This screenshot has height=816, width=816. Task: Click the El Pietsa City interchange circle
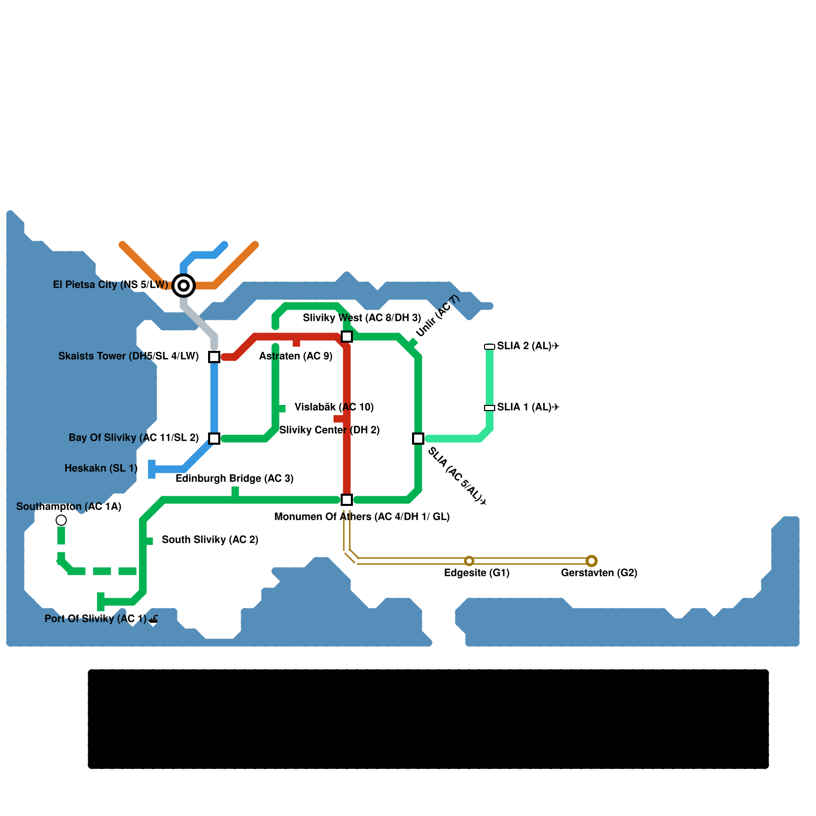tap(184, 285)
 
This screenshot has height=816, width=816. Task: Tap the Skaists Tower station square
tap(214, 356)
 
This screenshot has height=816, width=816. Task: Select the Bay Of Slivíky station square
tap(214, 438)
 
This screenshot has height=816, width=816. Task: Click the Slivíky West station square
tap(347, 336)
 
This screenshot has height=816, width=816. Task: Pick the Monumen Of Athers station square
tap(347, 499)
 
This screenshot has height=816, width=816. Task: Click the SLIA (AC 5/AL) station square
tap(418, 438)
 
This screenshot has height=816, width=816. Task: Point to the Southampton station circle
tap(61, 520)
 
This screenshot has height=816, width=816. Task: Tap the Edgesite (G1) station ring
tap(469, 561)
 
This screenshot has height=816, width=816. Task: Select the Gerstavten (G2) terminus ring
tap(592, 561)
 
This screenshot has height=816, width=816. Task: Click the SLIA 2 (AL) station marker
tap(490, 347)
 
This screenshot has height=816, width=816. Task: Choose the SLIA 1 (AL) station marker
tap(490, 408)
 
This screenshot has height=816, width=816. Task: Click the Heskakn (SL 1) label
tap(101, 468)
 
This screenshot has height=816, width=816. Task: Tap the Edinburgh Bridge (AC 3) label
tap(235, 478)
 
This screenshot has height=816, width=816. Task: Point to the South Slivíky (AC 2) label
tap(210, 540)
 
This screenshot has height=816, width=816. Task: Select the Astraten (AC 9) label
tap(296, 356)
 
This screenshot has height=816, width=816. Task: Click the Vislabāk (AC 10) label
tap(335, 407)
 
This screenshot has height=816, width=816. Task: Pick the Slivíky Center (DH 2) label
tap(329, 430)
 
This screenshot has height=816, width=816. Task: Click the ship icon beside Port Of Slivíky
tap(154, 620)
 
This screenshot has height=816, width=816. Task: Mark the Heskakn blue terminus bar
tap(151, 469)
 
